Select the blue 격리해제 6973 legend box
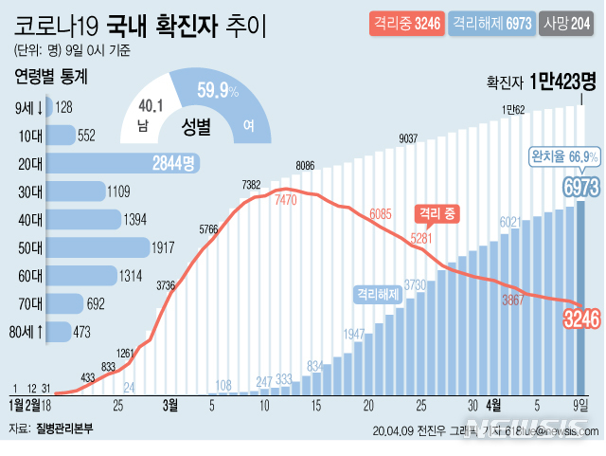[491, 23]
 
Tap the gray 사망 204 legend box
[568, 23]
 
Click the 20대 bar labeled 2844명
[123, 164]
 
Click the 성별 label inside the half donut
[198, 123]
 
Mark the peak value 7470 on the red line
[286, 201]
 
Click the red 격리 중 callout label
[437, 213]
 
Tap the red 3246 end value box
[582, 319]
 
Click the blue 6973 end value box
[580, 185]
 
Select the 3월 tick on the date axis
[170, 406]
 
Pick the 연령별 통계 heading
[54, 77]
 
